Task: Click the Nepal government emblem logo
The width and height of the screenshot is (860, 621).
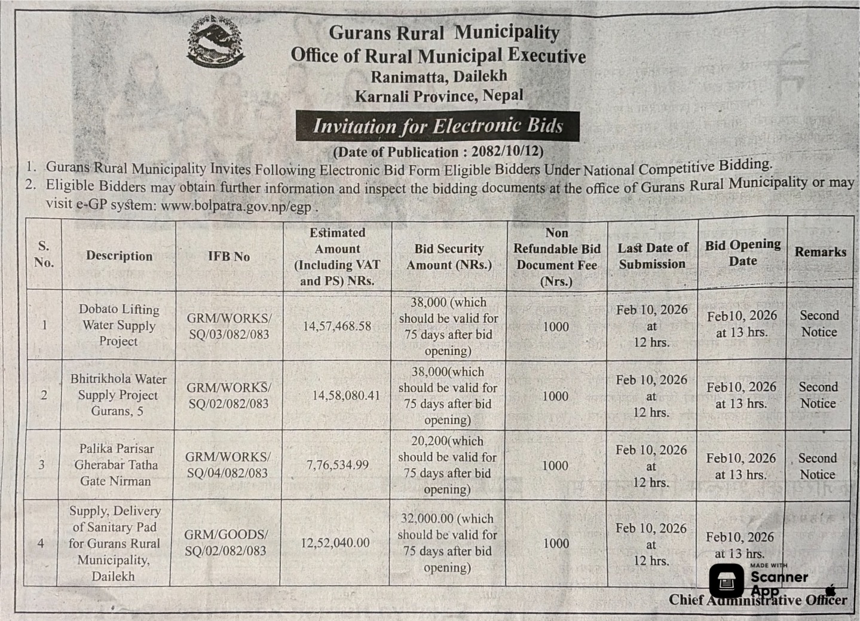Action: (215, 42)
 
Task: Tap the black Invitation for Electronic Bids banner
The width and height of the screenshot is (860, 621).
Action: (437, 126)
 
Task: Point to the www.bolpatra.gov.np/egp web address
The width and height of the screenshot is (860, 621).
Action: (236, 206)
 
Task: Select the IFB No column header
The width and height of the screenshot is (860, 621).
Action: (229, 256)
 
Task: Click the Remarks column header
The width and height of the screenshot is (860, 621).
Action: (820, 252)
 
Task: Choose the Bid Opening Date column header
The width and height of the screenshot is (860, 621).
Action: (742, 253)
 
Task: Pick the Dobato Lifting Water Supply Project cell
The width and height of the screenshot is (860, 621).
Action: (119, 325)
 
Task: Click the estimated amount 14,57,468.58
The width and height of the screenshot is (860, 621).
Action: (337, 326)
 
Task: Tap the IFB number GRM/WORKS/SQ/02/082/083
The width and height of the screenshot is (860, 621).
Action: (228, 396)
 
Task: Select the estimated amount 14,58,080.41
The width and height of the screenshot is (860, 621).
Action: (345, 395)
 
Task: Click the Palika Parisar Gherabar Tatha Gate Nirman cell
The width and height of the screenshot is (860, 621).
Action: (117, 464)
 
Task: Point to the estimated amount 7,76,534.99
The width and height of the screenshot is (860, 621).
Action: (338, 464)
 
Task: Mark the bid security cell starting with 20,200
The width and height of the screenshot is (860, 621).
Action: (448, 465)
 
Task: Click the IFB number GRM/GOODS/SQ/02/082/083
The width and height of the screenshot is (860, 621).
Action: (226, 543)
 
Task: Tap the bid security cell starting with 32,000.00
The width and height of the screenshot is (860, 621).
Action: (447, 543)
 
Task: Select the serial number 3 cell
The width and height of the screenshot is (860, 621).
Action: (41, 464)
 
